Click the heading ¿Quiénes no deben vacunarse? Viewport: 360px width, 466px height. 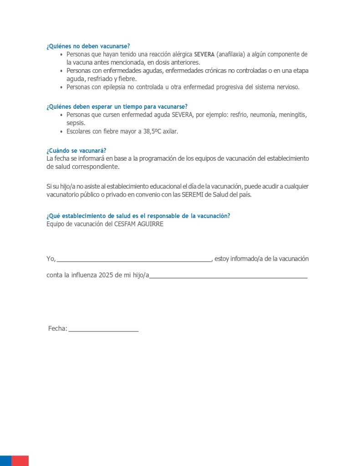(88, 46)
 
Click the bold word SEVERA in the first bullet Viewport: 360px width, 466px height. (204, 55)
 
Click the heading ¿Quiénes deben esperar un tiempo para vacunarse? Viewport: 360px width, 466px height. (117, 107)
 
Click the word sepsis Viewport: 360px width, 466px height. (76, 123)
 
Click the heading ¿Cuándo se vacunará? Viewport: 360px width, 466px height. (76, 151)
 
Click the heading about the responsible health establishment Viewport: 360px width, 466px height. (138, 216)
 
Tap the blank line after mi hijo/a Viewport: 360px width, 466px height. (228, 276)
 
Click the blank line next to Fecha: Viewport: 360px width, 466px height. (103, 330)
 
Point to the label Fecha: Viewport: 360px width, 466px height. (58, 329)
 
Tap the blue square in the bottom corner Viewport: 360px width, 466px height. (5, 461)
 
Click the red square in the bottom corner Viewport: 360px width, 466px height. (20, 461)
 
